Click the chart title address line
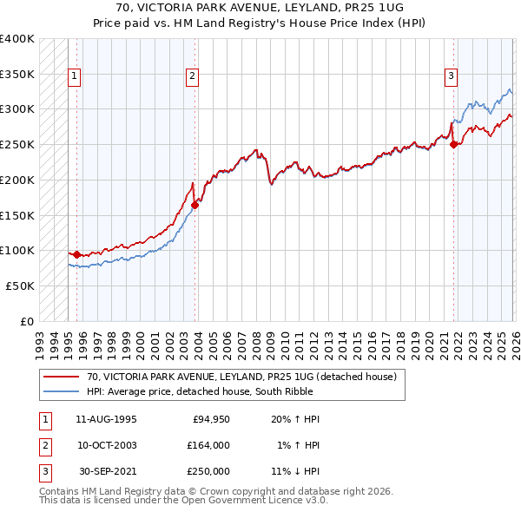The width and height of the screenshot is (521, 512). point(260,9)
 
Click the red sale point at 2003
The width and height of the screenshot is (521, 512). point(195,205)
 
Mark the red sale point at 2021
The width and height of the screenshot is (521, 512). point(454,145)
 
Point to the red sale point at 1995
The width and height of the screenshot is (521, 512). point(76,254)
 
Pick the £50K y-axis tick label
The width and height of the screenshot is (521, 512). point(20,286)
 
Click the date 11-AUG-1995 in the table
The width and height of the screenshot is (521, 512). point(106,419)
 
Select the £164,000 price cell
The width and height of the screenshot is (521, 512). point(208,445)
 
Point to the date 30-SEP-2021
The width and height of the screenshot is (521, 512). point(106,471)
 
